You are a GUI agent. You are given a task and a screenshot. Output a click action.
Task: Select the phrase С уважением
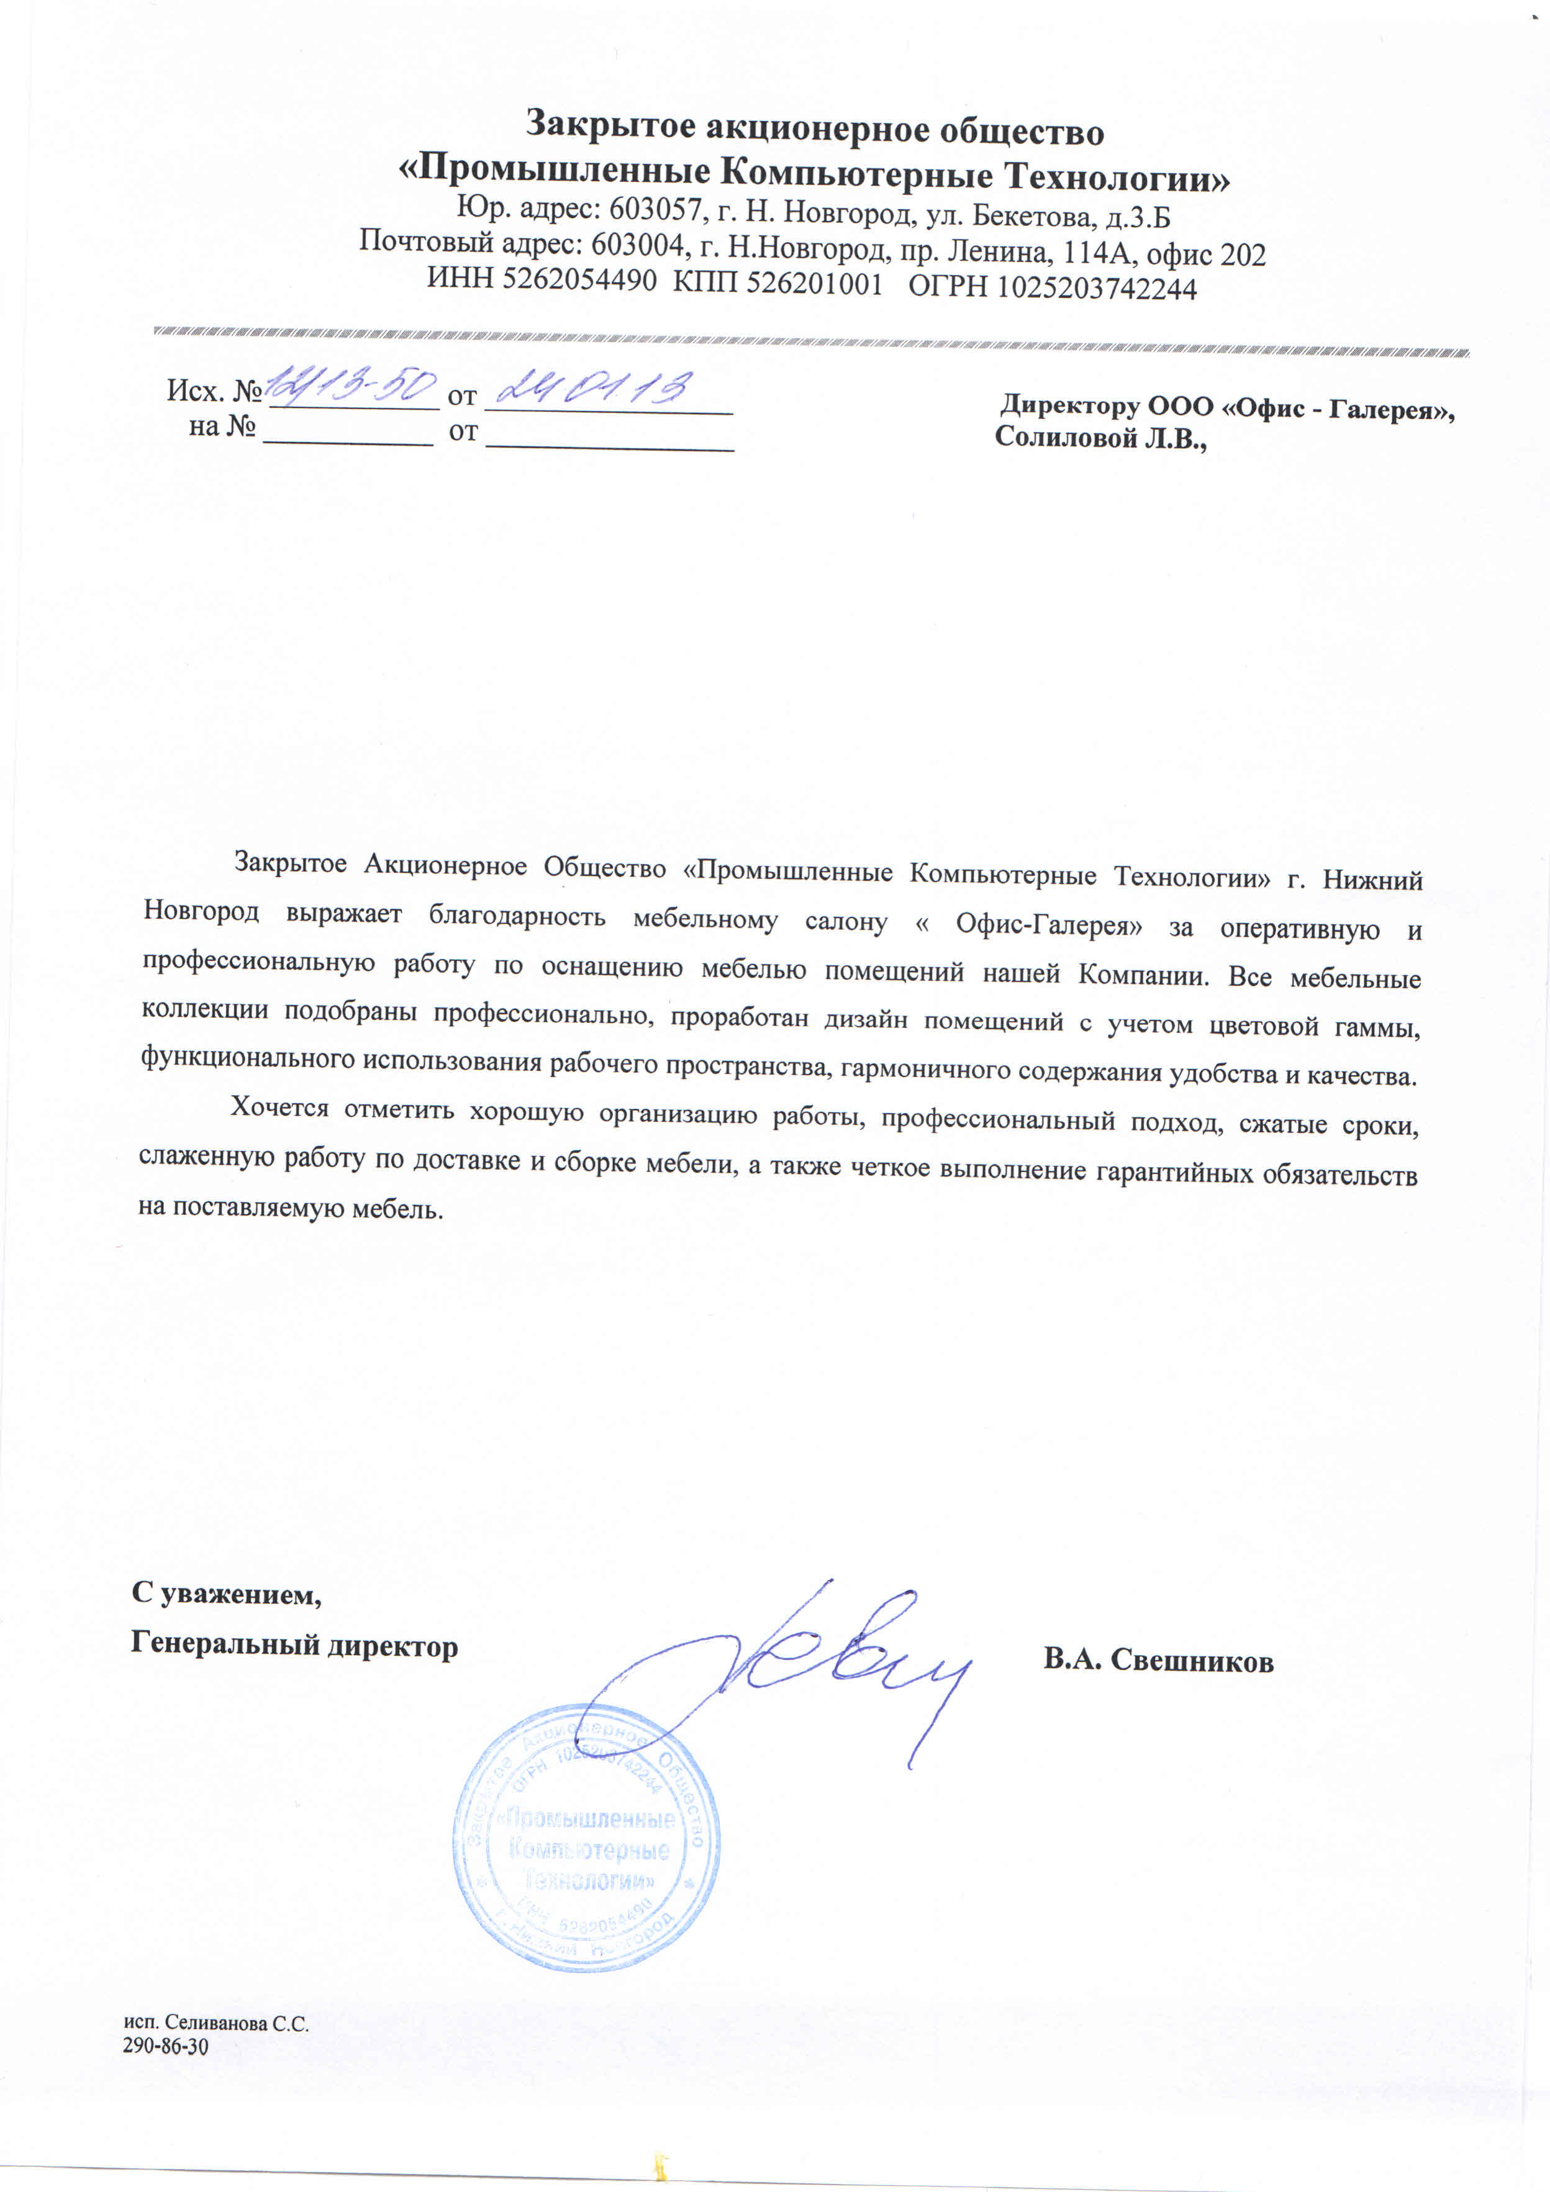click(x=226, y=1594)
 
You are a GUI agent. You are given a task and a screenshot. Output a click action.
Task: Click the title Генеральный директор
click(x=294, y=1645)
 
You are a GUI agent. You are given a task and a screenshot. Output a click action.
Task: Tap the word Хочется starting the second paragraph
click(x=279, y=1107)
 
